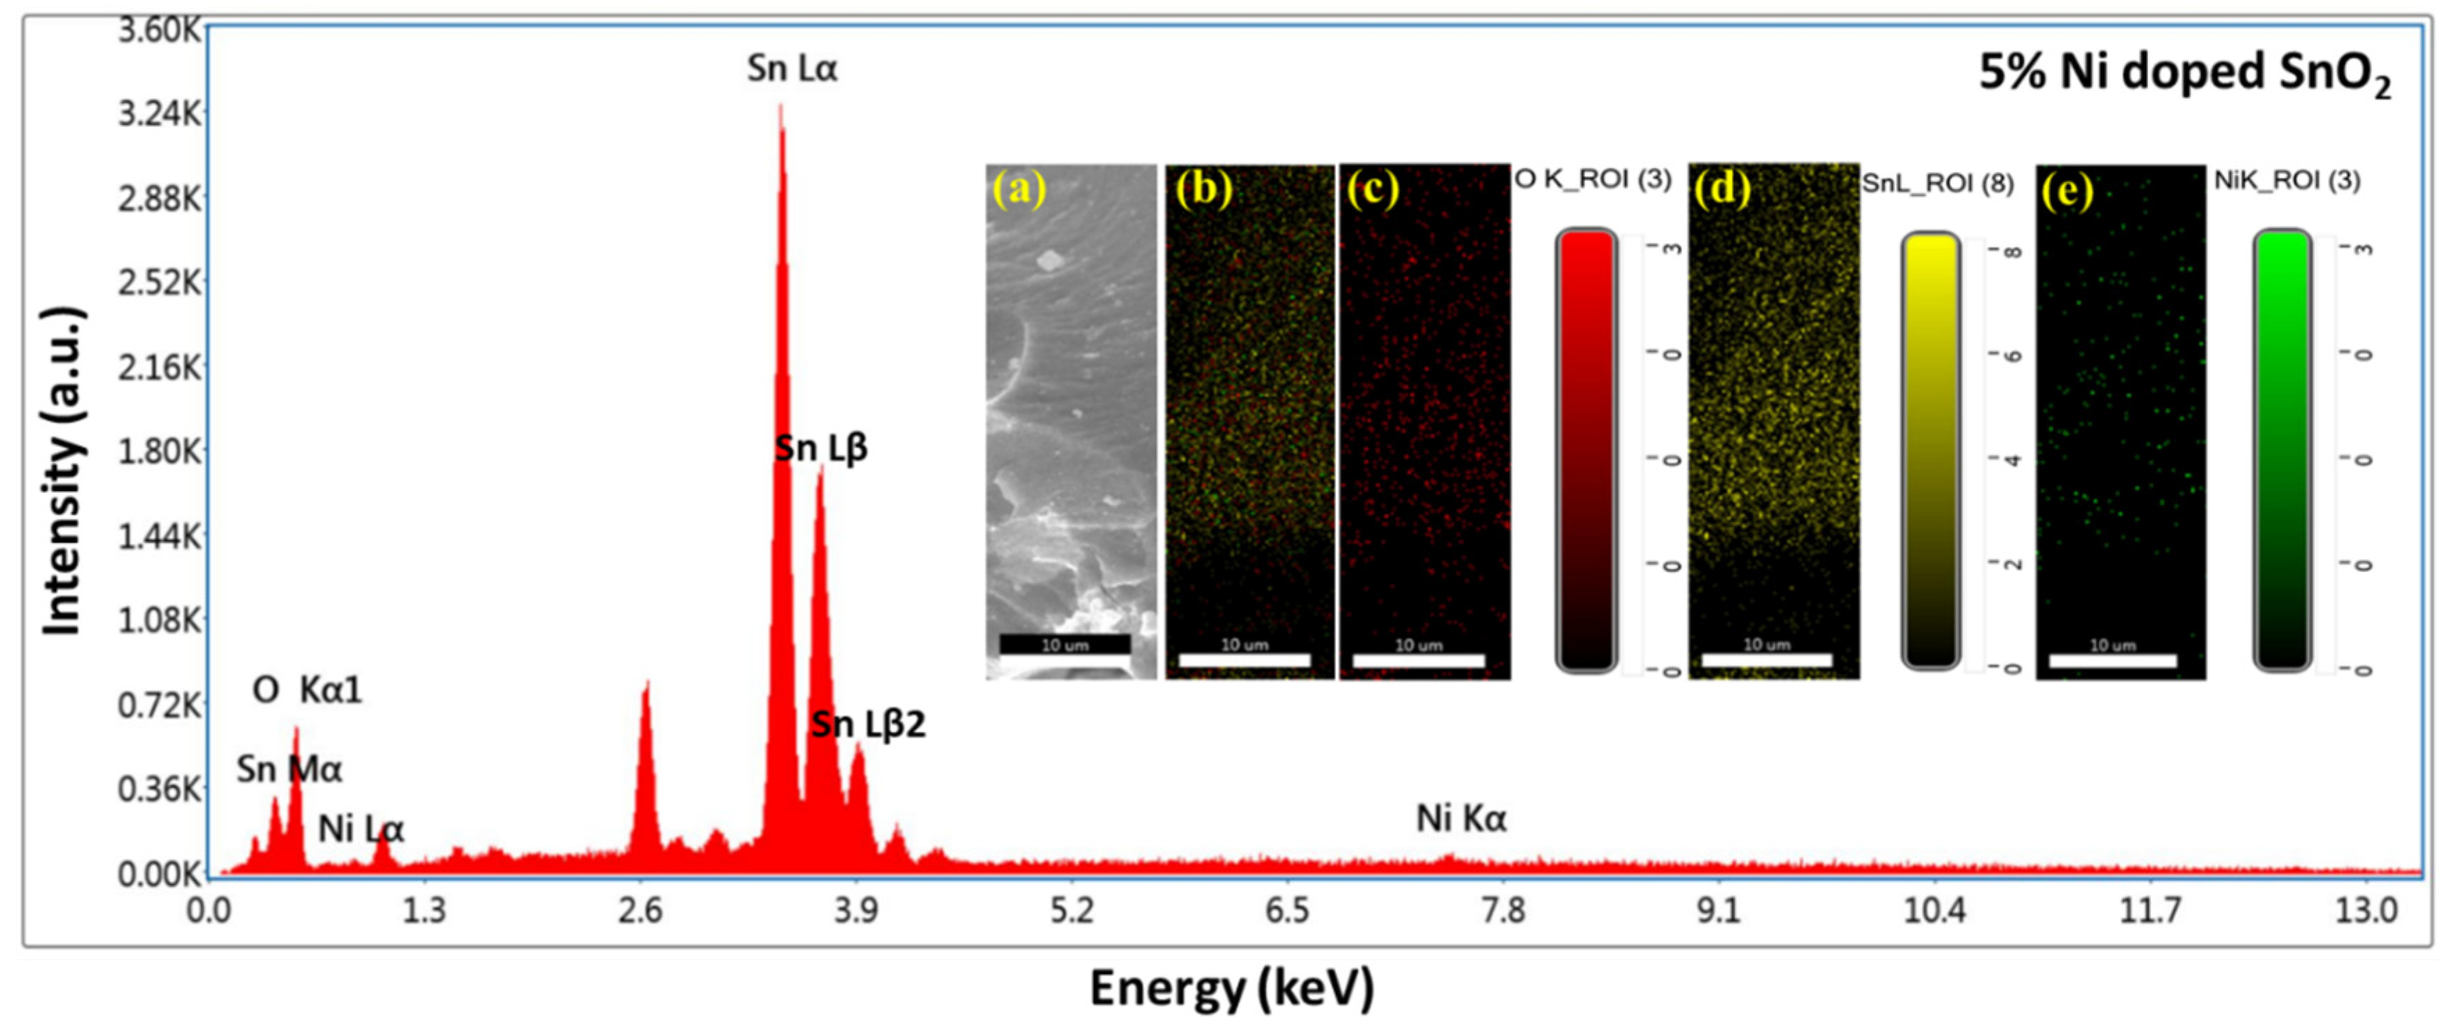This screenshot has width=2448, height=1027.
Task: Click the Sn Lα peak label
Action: pyautogui.click(x=792, y=68)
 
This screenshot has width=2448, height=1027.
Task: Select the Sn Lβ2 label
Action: pyautogui.click(x=867, y=725)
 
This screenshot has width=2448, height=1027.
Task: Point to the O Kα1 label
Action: pyautogui.click(x=307, y=690)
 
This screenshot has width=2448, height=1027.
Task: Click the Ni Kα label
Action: pyautogui.click(x=1460, y=818)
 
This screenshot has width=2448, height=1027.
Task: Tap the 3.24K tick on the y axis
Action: pyautogui.click(x=160, y=114)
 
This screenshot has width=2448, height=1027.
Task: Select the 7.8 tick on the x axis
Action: pyautogui.click(x=1503, y=911)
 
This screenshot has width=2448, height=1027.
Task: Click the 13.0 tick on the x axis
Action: pyautogui.click(x=2365, y=911)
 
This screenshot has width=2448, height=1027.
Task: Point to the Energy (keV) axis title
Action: pyautogui.click(x=1232, y=988)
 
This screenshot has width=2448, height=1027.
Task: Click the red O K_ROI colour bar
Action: pyautogui.click(x=1585, y=450)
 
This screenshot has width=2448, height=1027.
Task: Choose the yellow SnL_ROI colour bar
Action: pyautogui.click(x=1930, y=450)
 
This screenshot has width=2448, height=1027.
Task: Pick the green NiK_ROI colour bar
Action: pyautogui.click(x=2282, y=450)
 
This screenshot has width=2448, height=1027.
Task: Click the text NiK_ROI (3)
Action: pyautogui.click(x=2287, y=181)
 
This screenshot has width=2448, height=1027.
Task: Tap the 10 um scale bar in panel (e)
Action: pyautogui.click(x=2112, y=659)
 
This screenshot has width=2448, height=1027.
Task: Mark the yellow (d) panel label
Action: pyautogui.click(x=1722, y=189)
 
